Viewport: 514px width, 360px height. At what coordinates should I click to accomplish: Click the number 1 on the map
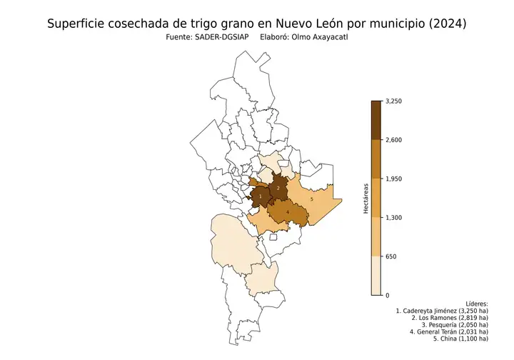261,196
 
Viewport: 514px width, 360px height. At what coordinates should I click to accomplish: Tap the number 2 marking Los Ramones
278,188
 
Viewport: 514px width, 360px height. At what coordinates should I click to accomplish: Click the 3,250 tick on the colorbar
394,101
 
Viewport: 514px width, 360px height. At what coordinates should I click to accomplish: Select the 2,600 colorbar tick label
394,140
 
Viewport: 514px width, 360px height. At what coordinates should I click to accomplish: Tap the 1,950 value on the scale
394,179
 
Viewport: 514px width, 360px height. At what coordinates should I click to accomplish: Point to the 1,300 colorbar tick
394,218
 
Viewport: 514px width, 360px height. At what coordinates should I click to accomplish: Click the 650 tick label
390,256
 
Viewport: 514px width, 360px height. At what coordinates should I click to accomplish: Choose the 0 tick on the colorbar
387,295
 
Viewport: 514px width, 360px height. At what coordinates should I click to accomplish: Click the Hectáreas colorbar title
366,199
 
